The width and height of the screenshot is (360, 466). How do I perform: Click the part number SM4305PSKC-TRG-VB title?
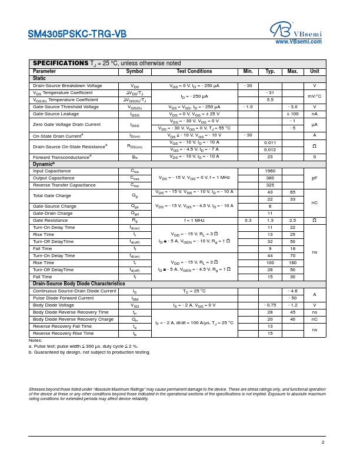[77, 34]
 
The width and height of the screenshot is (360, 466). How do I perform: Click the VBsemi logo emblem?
[281, 29]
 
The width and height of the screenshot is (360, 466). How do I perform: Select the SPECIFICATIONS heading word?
[60, 63]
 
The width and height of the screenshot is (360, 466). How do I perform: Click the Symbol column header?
[135, 71]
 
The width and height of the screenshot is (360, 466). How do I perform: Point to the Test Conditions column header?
[194, 71]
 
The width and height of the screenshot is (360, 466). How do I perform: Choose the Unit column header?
[315, 71]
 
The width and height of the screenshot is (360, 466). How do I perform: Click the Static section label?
[39, 78]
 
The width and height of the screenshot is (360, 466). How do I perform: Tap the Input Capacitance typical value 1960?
[270, 171]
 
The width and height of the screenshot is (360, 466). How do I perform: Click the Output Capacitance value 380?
[270, 178]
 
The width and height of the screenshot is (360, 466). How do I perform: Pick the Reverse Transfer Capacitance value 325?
[270, 185]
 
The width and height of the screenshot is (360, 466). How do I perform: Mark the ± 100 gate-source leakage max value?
[292, 114]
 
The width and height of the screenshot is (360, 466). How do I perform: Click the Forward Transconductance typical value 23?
[270, 157]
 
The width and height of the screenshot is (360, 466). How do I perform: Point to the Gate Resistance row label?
[51, 220]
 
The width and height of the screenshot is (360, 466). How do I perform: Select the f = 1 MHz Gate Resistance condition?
[194, 220]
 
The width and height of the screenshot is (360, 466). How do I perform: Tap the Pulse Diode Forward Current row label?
[64, 298]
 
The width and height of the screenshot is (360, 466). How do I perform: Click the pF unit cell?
[315, 178]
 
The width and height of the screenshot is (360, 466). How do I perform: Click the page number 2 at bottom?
[323, 442]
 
